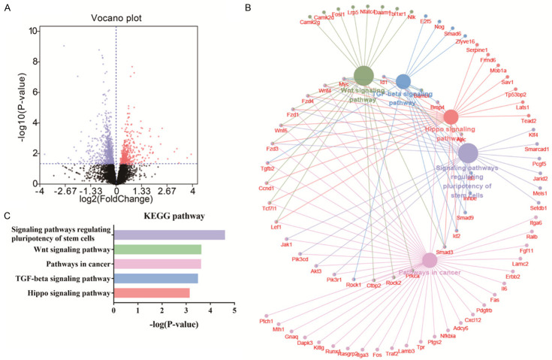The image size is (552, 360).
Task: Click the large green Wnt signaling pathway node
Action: coord(363,75)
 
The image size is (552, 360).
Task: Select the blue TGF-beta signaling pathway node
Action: coord(403,81)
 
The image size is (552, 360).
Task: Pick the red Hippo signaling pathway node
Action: coord(451,117)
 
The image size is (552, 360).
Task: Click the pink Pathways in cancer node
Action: coord(429,261)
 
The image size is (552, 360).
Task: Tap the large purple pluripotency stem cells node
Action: coord(468,153)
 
